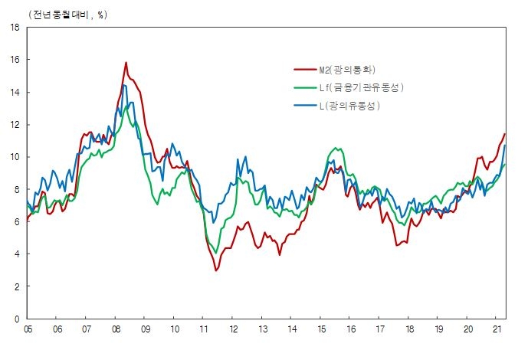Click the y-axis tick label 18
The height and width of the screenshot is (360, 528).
coord(14,27)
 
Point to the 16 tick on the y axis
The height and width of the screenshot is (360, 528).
coord(14,60)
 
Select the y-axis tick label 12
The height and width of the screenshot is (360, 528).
coord(14,125)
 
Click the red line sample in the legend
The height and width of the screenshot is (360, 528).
coord(306,70)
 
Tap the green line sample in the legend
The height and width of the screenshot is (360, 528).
coord(306,88)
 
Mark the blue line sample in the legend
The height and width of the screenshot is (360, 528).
coord(306,106)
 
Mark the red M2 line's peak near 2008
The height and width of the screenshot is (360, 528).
coord(126,63)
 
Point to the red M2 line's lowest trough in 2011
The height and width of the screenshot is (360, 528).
coord(216,270)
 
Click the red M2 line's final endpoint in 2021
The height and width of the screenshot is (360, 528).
coord(504,134)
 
